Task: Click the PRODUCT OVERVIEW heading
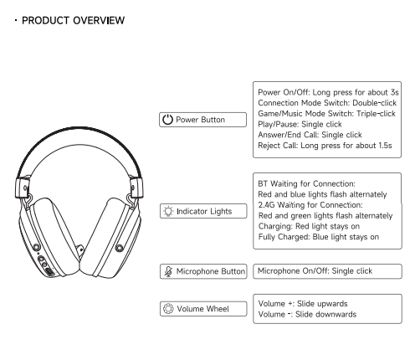(x=73, y=20)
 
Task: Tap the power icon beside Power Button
(x=167, y=120)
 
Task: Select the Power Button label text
(x=200, y=120)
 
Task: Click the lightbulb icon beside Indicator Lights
(x=168, y=211)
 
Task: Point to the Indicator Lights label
(x=204, y=211)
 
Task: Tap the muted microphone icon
(x=168, y=271)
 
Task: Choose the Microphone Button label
(x=211, y=271)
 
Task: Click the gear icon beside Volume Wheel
(x=168, y=309)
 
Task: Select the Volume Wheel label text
(x=202, y=309)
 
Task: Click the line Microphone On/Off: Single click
(x=315, y=270)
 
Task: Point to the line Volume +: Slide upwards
(x=303, y=303)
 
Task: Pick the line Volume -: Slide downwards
(x=307, y=314)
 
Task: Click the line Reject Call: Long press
(x=325, y=146)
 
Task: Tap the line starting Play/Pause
(x=300, y=124)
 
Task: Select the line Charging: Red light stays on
(x=309, y=226)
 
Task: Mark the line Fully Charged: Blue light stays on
(x=319, y=237)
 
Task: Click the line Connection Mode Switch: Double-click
(x=327, y=103)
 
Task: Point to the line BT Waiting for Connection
(x=307, y=183)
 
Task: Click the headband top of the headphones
(x=79, y=129)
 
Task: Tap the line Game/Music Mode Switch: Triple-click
(x=326, y=114)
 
